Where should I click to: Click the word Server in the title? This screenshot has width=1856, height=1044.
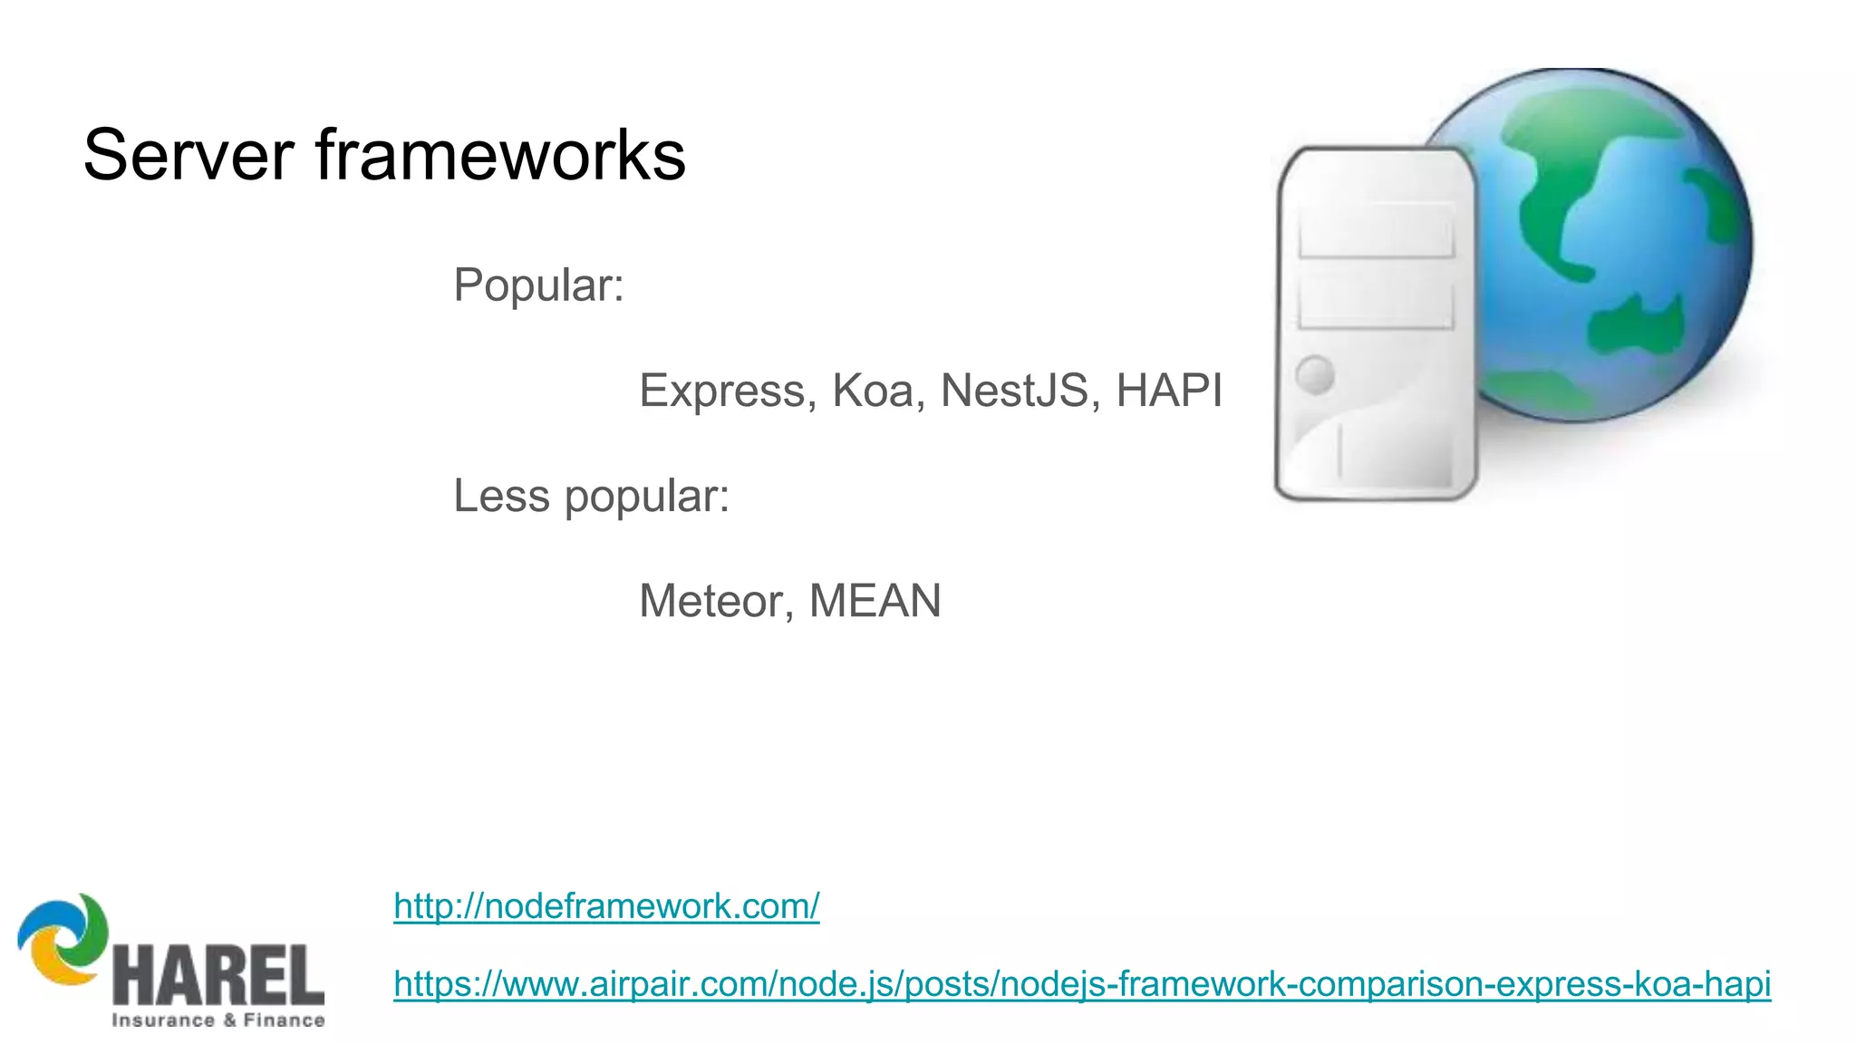pos(188,155)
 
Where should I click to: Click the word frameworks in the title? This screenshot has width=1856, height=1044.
pos(500,155)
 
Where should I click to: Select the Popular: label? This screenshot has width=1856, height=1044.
pos(538,285)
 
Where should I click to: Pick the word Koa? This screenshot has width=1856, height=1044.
pos(873,391)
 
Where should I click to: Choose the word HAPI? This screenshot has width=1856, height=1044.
pos(1169,391)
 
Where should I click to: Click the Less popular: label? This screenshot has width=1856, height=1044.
pos(591,497)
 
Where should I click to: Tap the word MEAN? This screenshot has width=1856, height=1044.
pos(875,601)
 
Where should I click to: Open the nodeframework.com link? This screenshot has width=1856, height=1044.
pos(606,906)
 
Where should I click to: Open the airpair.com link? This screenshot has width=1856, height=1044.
pos(1081,983)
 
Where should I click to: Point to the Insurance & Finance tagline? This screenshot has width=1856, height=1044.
pos(217,1020)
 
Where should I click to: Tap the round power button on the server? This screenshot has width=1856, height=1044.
pos(1315,374)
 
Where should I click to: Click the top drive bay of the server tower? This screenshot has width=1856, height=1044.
pos(1376,231)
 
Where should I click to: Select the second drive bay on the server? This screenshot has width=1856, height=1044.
pos(1376,304)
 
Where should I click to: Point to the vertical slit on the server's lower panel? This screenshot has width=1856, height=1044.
pos(1339,450)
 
